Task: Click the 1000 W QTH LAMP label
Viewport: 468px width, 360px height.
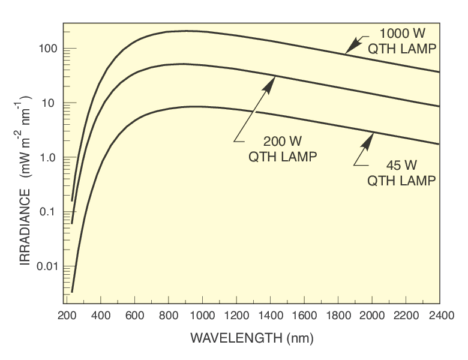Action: (400, 41)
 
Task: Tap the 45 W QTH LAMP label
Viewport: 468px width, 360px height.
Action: (400, 172)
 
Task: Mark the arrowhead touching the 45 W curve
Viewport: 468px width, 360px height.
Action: (367, 139)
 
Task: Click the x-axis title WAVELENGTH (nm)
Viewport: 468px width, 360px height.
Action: (251, 338)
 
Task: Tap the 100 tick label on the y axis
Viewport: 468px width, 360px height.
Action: (49, 49)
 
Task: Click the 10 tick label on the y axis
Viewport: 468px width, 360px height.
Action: (52, 103)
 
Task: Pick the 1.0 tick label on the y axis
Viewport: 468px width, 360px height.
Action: (49, 157)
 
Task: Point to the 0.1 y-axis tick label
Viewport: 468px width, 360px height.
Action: (49, 212)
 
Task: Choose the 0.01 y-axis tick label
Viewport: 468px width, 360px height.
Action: (46, 266)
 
